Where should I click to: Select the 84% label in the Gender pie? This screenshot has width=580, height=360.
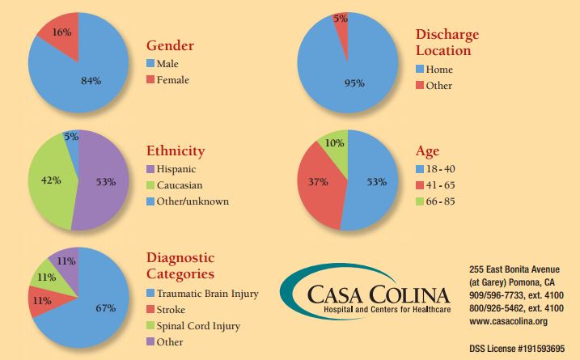click(x=91, y=79)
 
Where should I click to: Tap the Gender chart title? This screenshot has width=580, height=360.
click(x=171, y=46)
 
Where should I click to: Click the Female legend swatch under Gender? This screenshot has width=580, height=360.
click(x=150, y=79)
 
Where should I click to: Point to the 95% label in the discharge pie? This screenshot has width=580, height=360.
click(x=354, y=83)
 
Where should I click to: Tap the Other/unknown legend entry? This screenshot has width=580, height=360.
click(x=193, y=201)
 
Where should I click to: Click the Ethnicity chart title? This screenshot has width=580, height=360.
click(x=176, y=151)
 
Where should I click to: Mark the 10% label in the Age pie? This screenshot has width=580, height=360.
click(x=334, y=143)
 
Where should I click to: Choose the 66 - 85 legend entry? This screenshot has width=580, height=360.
click(x=439, y=201)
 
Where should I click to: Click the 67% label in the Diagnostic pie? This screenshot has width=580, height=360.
click(x=104, y=308)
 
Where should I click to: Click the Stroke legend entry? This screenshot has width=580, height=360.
click(x=171, y=310)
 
